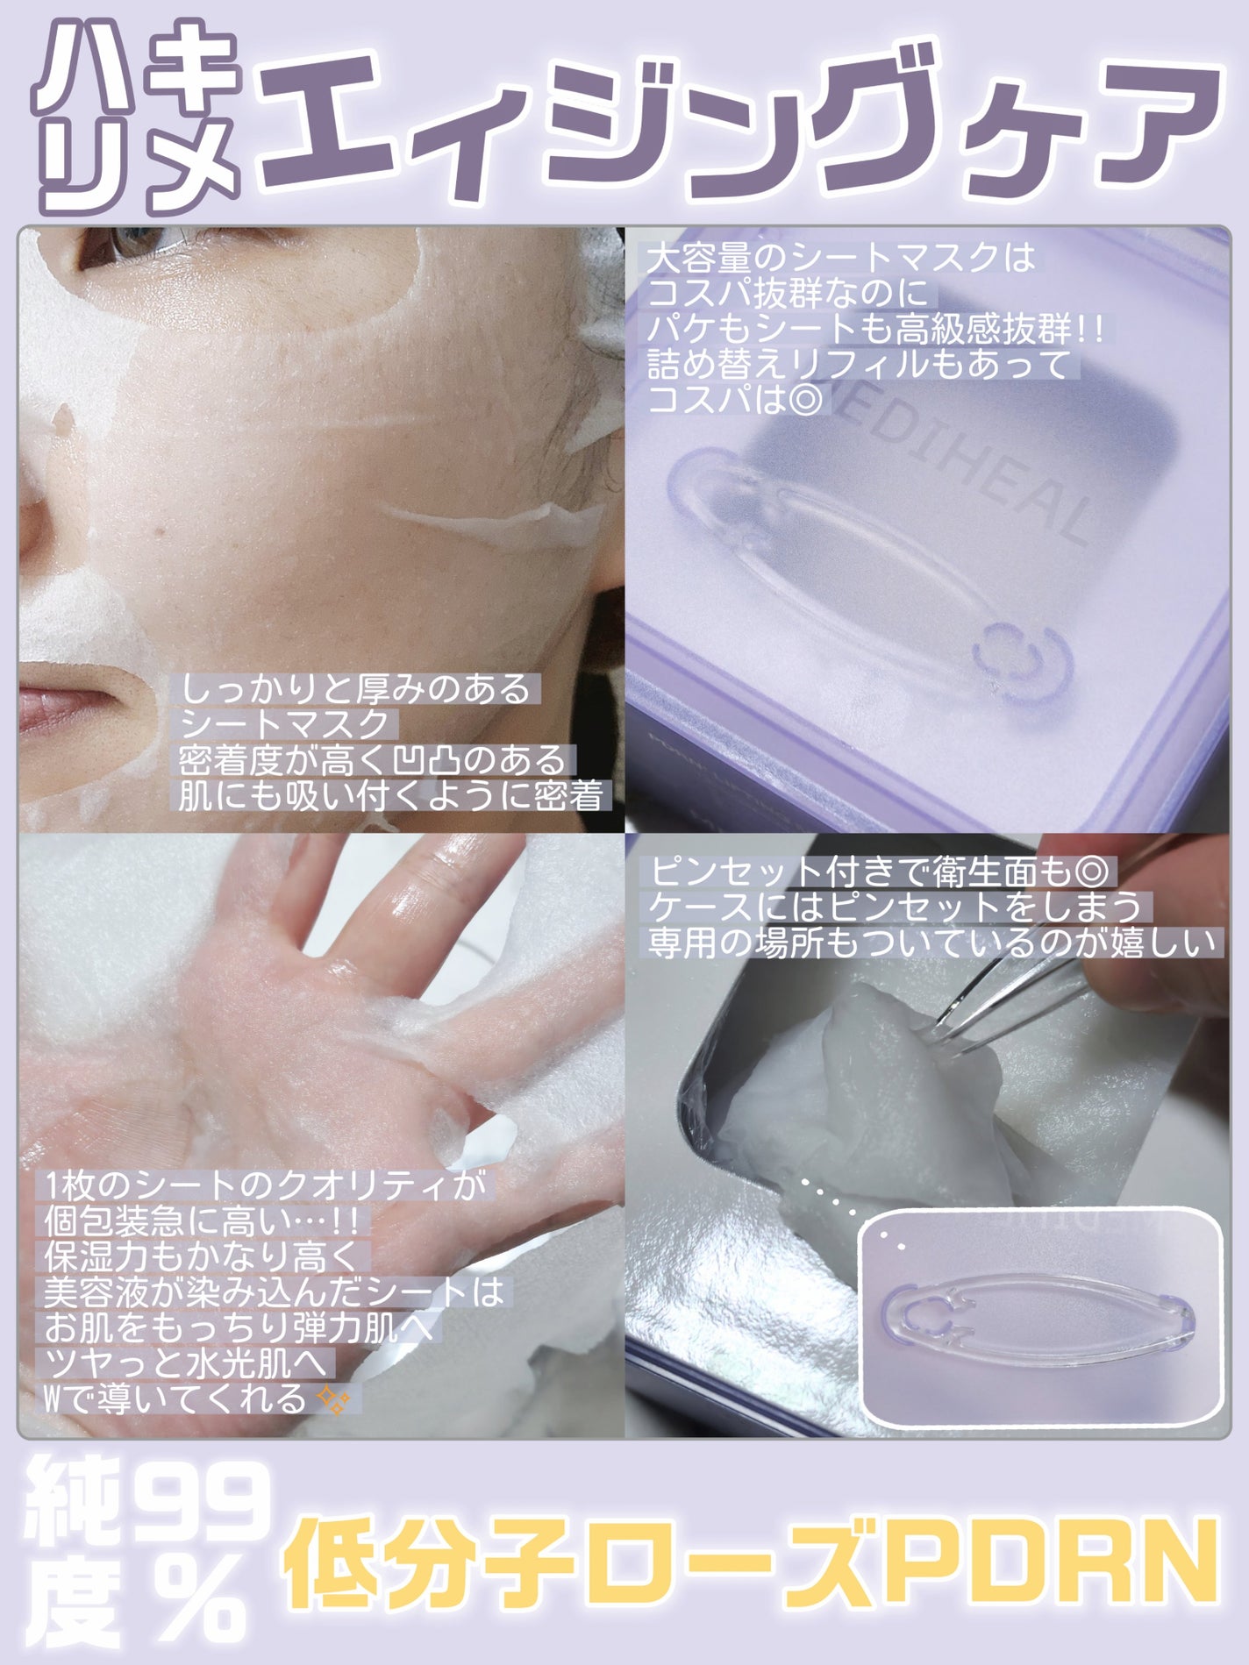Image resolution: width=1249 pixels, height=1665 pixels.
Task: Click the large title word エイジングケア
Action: (737, 114)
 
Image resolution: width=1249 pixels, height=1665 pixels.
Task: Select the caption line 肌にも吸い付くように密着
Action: (391, 795)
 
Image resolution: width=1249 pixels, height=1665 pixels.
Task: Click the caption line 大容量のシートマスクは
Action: (840, 258)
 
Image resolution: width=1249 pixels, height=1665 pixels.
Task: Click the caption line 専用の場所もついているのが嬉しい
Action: (934, 942)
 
